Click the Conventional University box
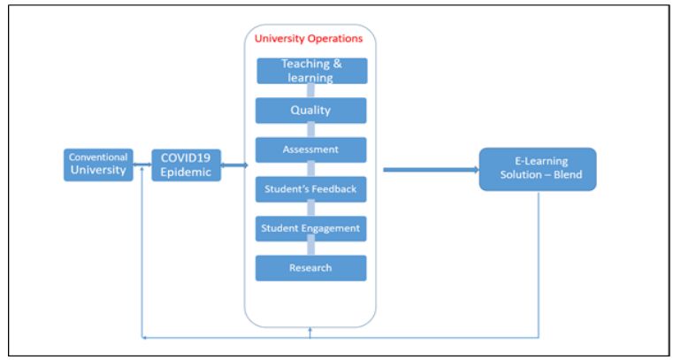tap(98, 165)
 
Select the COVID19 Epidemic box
tap(187, 165)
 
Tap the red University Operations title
tap(309, 39)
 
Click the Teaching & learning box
tap(312, 71)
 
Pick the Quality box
tap(310, 111)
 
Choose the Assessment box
tap(310, 149)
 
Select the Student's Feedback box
tap(310, 189)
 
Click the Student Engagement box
tap(310, 229)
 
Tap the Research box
tap(310, 268)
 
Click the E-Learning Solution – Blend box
tap(538, 169)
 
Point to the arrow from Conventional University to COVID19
tap(142, 165)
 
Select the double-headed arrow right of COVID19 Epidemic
tap(234, 165)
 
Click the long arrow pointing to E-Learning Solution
tap(431, 170)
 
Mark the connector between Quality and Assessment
tap(310, 130)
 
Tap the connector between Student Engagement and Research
tap(310, 249)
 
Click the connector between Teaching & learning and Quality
tap(310, 90)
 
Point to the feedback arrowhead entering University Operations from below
tap(310, 330)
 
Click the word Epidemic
tap(186, 172)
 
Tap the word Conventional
tap(98, 157)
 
